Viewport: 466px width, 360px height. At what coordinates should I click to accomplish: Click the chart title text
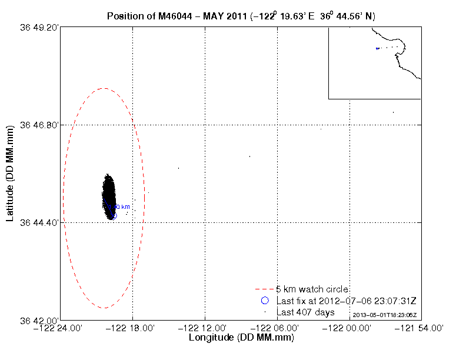(241, 16)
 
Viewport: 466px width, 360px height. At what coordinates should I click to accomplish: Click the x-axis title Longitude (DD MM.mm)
(241, 338)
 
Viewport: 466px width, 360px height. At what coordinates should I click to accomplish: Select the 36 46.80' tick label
(39, 125)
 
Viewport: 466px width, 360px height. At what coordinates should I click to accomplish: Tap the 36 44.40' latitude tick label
(39, 222)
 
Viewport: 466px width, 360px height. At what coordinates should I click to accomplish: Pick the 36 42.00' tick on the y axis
(39, 320)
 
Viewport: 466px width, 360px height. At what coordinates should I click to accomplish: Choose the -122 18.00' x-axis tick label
(133, 328)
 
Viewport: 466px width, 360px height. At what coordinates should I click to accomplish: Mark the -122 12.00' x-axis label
(205, 328)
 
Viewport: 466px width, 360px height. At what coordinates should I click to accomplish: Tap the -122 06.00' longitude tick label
(278, 328)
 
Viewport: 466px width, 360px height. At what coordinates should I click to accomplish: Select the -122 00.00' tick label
(349, 328)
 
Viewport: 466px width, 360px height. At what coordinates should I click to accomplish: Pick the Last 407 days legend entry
(305, 312)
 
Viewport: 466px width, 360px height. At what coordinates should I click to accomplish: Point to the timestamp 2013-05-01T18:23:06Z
(389, 315)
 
